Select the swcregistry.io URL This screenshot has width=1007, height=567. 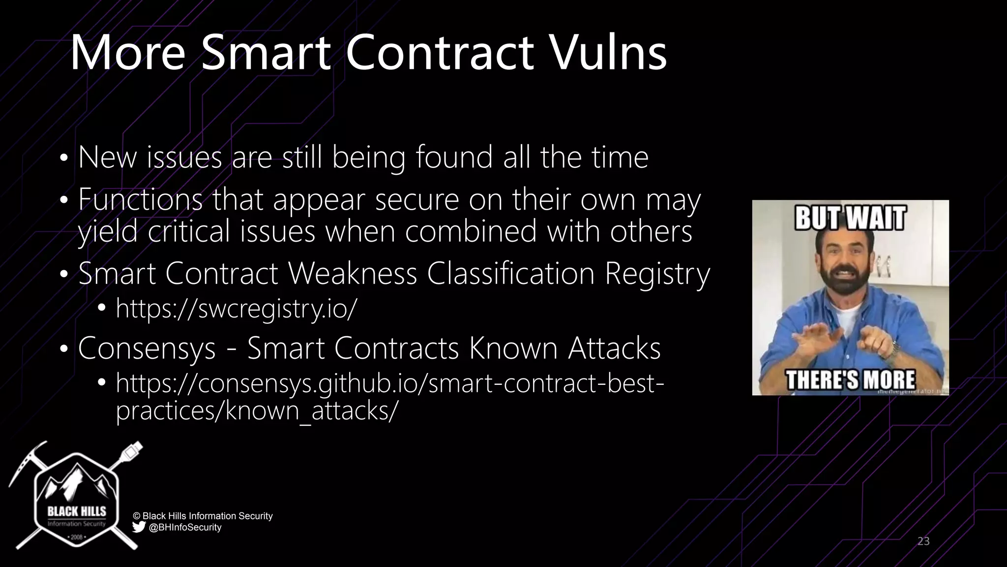click(236, 309)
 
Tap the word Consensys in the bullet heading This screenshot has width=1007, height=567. click(147, 348)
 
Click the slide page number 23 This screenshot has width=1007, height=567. click(923, 541)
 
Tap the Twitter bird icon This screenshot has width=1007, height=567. click(139, 527)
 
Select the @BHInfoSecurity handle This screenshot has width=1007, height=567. click(185, 528)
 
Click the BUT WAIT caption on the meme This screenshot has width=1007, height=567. click(850, 218)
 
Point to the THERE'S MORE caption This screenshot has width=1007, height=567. click(850, 379)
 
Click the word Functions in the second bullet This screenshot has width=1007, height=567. click(140, 200)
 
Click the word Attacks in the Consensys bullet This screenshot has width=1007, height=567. click(614, 348)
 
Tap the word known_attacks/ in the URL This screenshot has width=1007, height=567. click(310, 410)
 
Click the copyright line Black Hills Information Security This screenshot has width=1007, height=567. click(203, 516)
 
